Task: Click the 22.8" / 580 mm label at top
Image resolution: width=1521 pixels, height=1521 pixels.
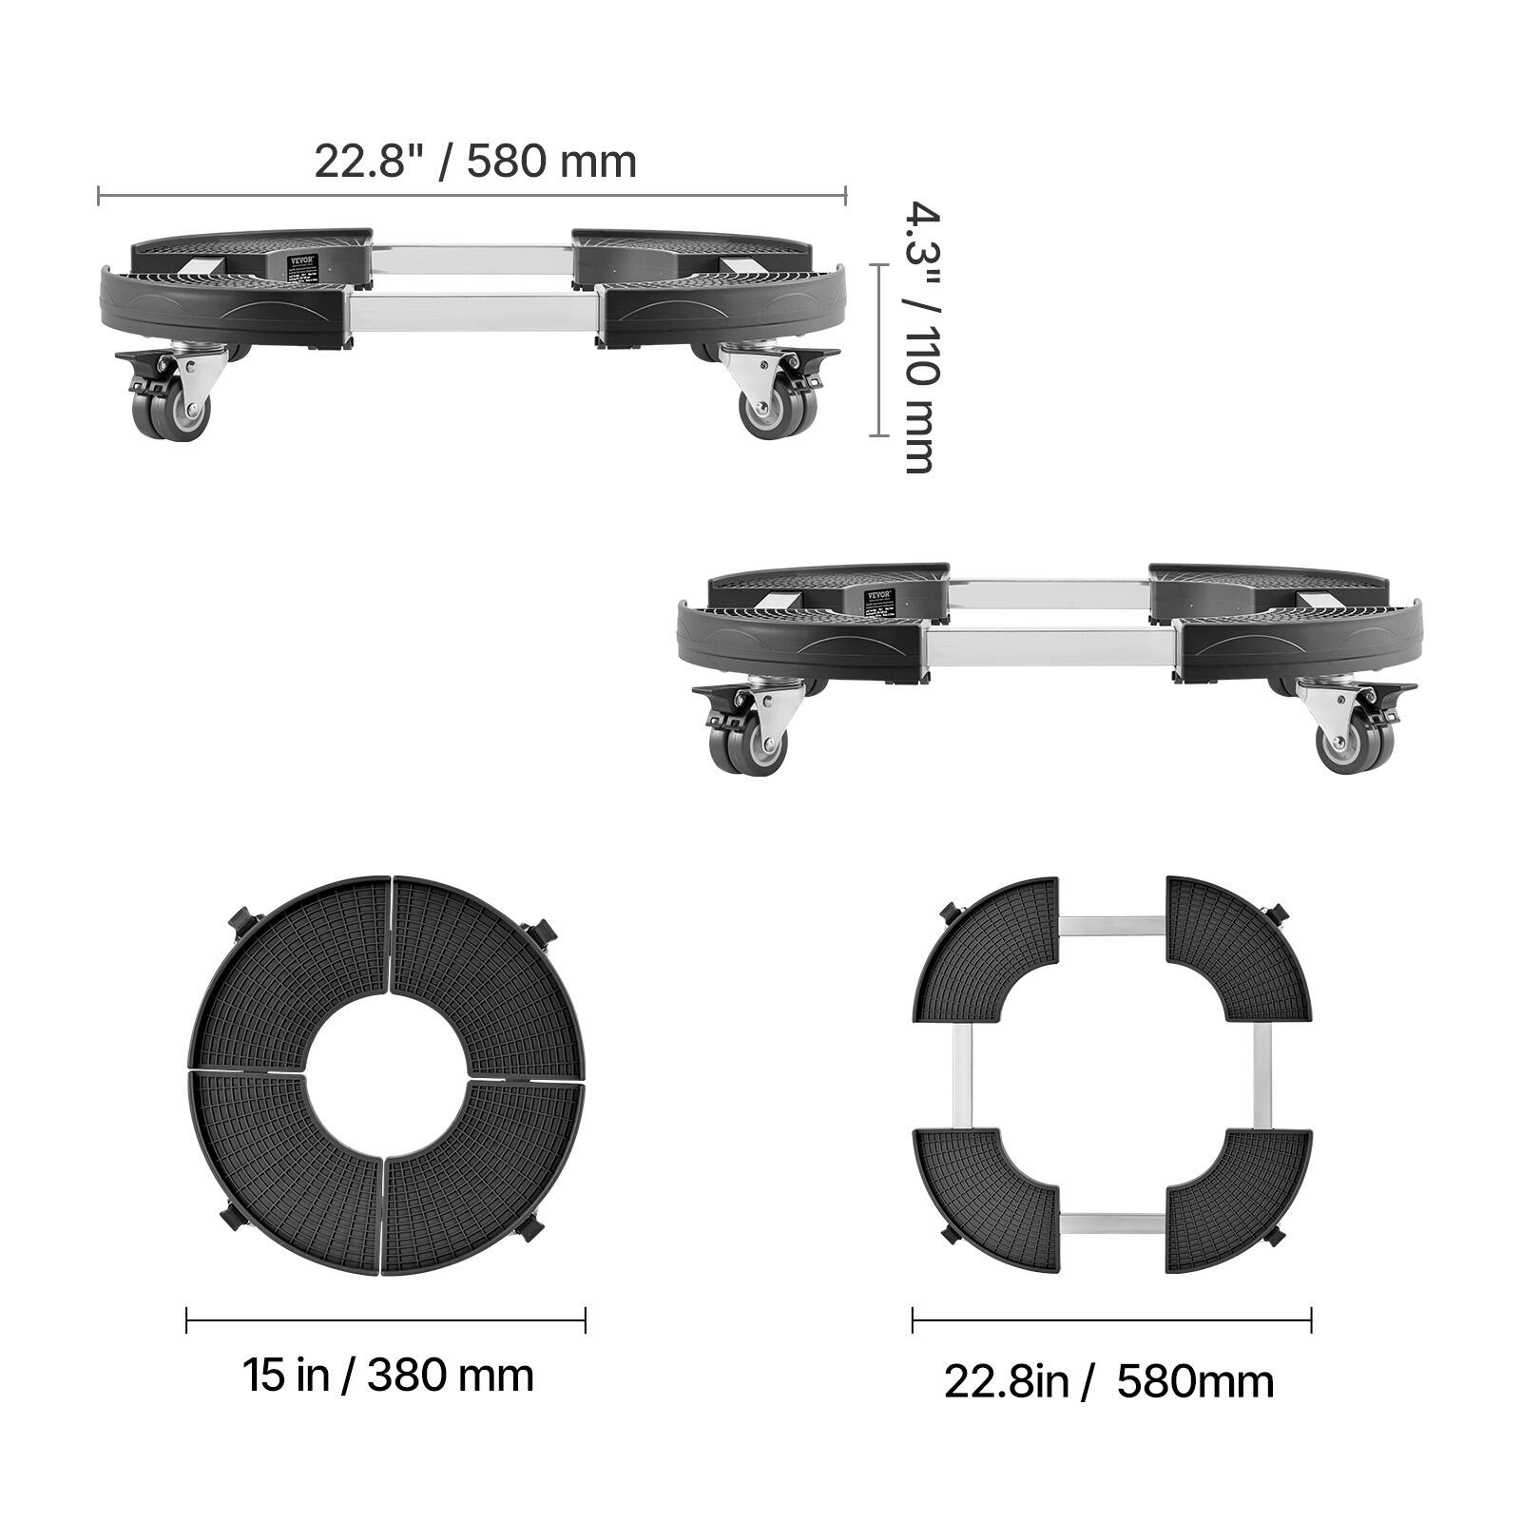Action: (475, 162)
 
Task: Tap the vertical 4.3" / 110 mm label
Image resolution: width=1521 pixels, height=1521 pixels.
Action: (919, 337)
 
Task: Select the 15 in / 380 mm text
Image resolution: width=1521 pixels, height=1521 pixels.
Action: (388, 1376)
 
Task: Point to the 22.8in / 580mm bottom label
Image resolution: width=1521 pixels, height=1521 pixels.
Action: (1108, 1381)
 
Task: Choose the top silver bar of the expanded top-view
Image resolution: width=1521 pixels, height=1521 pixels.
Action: (1111, 925)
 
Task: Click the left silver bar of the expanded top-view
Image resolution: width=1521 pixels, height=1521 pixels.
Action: (961, 1075)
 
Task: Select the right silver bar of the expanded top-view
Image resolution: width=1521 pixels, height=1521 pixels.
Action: (1261, 1075)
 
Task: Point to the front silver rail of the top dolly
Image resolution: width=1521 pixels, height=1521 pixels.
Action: (472, 313)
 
